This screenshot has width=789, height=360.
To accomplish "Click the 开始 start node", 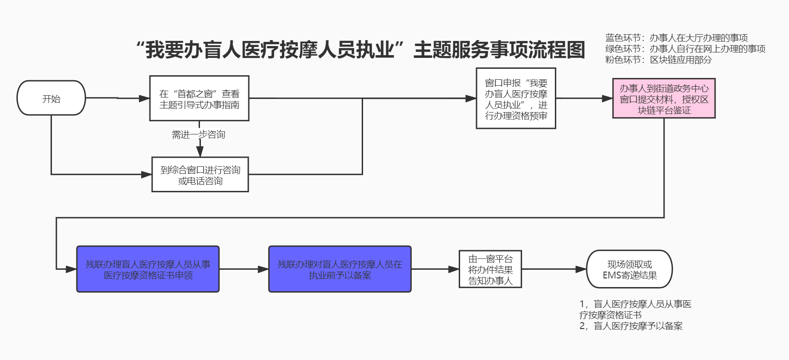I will (51, 98).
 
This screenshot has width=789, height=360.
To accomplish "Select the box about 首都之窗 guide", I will (199, 98).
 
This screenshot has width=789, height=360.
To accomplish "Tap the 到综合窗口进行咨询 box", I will (200, 175).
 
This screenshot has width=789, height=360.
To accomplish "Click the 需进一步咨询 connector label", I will (199, 134).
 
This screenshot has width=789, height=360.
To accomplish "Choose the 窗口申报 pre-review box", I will (516, 98).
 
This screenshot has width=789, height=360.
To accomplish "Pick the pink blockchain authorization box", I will (664, 98).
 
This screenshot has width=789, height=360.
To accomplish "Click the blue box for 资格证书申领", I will (148, 269).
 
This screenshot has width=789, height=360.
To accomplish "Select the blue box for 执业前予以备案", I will (340, 269).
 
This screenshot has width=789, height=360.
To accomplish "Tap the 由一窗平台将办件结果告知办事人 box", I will (490, 269).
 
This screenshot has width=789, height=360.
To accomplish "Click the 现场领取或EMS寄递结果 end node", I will (630, 269).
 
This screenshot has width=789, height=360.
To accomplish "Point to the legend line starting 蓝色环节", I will (676, 38).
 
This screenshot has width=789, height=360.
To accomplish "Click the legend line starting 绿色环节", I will (685, 49).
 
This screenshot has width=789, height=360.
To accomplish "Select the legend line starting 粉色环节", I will (658, 60).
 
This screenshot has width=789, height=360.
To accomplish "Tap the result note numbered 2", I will (631, 326).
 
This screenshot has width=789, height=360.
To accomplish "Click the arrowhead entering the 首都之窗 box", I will (144, 98).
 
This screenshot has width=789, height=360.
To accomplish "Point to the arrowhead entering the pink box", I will (607, 98).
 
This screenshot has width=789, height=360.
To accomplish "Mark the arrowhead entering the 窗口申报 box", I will (471, 98).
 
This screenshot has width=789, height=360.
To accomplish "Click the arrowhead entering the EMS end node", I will (581, 269).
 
